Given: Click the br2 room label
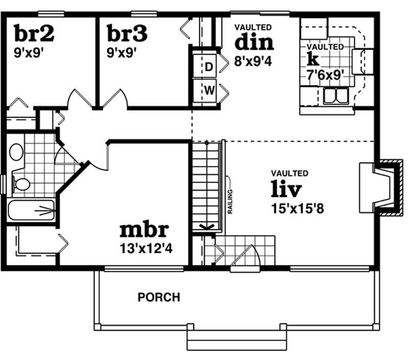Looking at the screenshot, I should tap(35, 35).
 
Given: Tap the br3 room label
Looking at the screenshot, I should tap(127, 35).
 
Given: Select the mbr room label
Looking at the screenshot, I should tap(144, 231).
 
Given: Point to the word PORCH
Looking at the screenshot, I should tap(158, 297).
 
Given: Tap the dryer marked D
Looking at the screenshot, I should tap(208, 66).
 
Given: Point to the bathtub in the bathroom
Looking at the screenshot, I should tap(32, 210).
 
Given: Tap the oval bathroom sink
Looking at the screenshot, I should tap(17, 152).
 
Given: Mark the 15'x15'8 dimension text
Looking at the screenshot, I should tap(292, 209).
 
